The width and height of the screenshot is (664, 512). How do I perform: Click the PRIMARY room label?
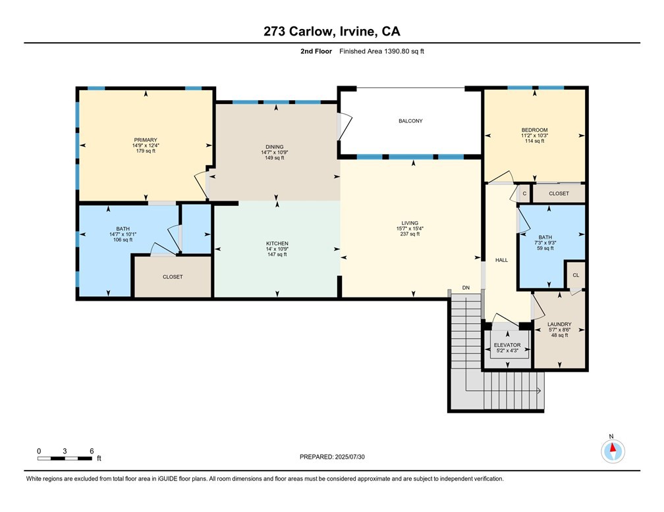coord(146,140)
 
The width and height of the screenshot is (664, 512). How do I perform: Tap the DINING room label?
coord(275,147)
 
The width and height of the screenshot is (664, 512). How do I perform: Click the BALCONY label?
coord(410,121)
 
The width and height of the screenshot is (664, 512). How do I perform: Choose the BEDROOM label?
coord(534,130)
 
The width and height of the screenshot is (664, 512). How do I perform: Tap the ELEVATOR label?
coord(507,345)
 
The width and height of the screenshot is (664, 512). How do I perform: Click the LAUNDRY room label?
coord(559,324)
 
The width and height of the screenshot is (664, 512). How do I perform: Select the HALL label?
coord(502,261)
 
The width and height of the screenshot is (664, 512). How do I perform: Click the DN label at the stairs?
coord(466,288)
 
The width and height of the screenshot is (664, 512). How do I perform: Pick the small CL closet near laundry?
coord(575,275)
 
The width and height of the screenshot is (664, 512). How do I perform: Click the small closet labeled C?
coord(524,194)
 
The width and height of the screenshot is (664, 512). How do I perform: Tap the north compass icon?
coord(613,451)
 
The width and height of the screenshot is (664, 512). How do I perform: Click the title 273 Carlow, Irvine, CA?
coord(331,31)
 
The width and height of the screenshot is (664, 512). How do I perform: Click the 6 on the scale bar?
coord(92,451)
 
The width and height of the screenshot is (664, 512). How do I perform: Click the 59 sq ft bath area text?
coord(545,248)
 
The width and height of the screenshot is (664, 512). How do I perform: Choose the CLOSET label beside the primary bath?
coord(173,277)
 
